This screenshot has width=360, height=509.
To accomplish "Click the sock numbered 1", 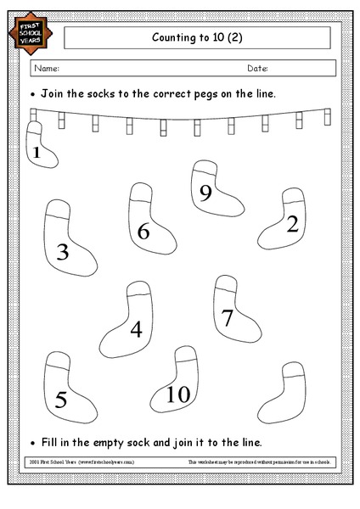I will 40,146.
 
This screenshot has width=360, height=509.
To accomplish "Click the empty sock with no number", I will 285,390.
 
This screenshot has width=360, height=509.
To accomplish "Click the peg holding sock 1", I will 35,116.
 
